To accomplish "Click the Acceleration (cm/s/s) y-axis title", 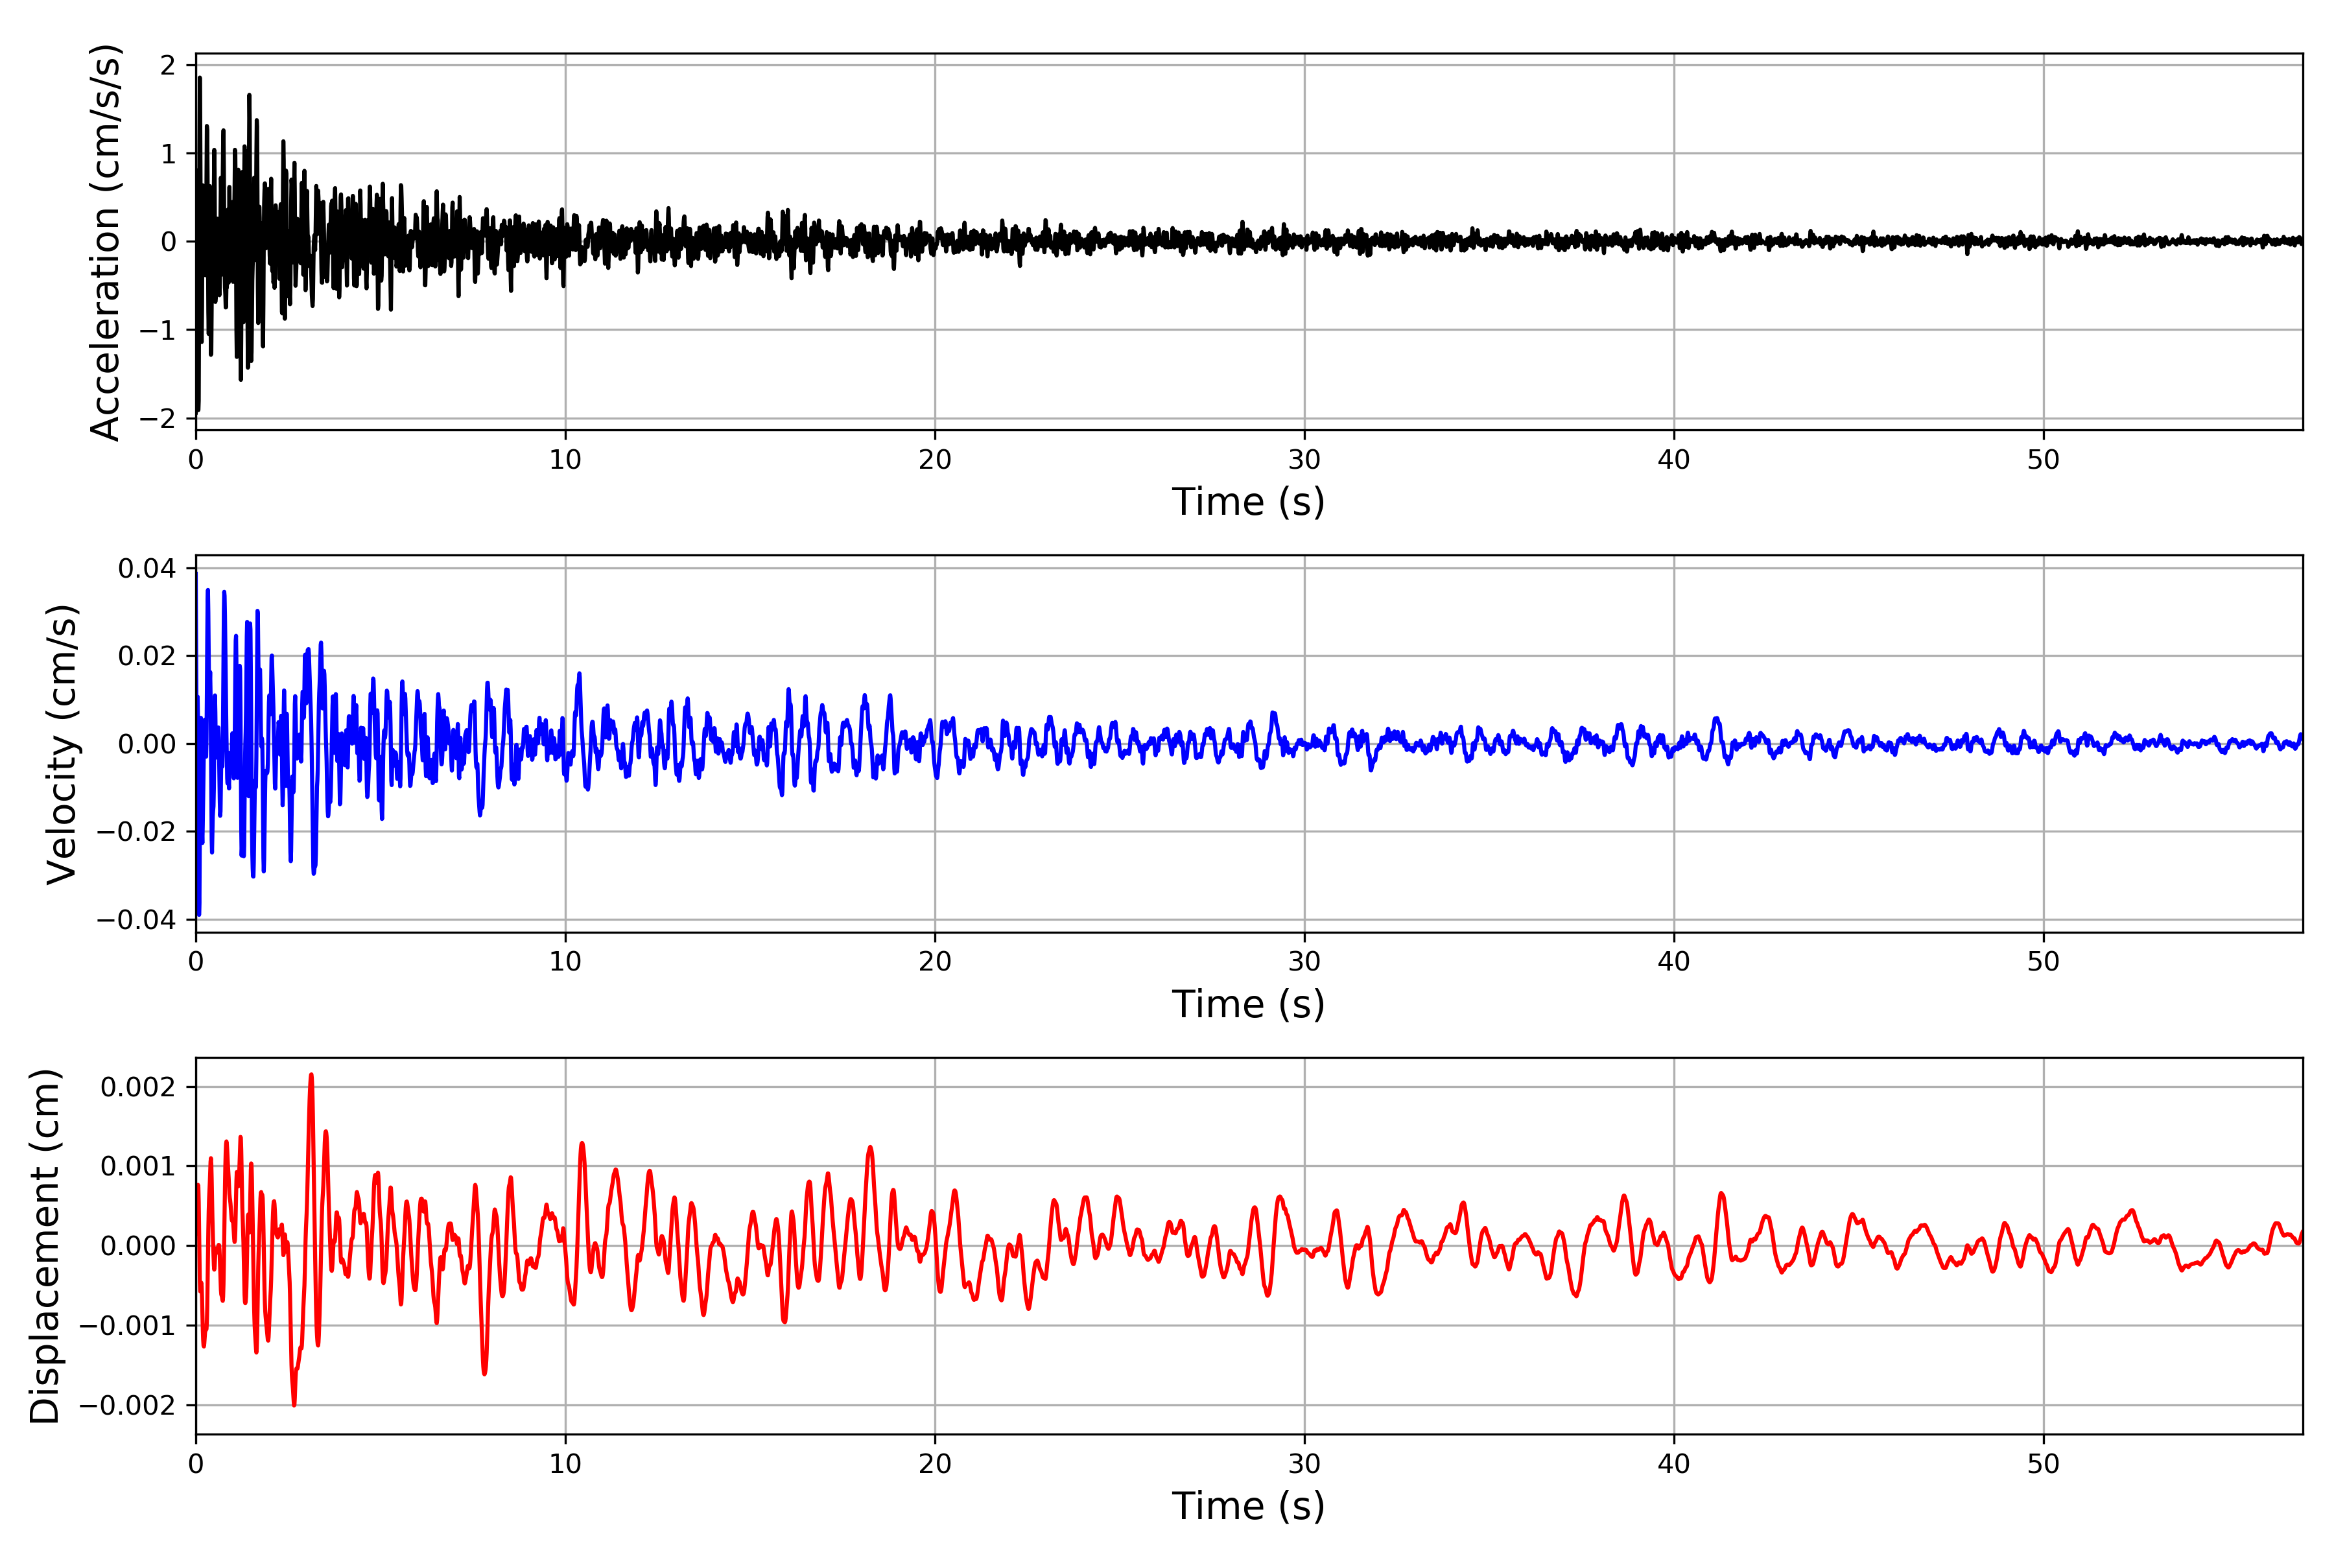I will point(105,241).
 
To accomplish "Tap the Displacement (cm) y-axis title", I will point(45,1245).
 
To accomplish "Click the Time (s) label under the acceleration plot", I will point(1249,502).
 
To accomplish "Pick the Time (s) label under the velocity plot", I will point(1249,1004).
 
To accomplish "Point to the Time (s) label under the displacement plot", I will point(1249,1506).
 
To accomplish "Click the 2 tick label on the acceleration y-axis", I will point(168,65).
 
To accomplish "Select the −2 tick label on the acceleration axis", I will point(157,419).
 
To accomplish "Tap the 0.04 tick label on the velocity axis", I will point(147,569).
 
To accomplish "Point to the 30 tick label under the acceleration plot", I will point(1304,460).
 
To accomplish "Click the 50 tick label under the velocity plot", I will point(2044,961).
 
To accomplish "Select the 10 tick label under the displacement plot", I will point(565,1464).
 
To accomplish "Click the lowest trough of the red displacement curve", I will point(294,1404).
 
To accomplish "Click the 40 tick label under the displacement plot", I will point(1674,1464).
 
